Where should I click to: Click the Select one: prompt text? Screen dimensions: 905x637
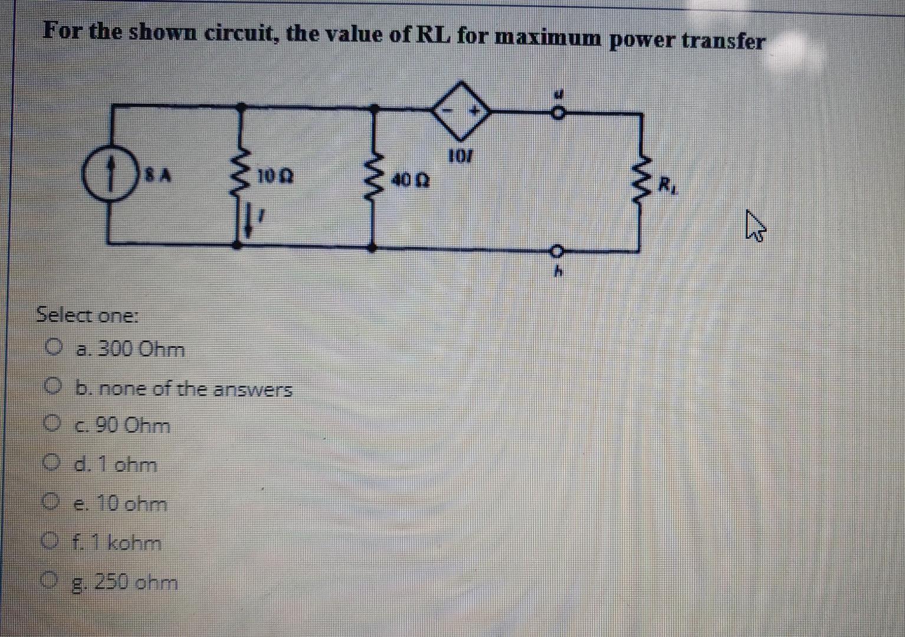(87, 315)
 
